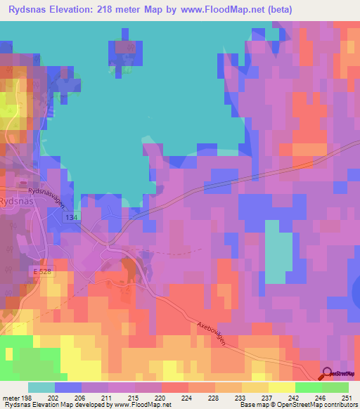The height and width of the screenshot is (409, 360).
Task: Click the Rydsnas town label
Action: (x=15, y=200)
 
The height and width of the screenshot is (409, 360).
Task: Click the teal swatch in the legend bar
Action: (x=41, y=387)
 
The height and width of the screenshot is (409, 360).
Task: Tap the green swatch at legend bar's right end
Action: (x=335, y=387)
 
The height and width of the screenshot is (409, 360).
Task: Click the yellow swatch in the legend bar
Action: (x=282, y=387)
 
